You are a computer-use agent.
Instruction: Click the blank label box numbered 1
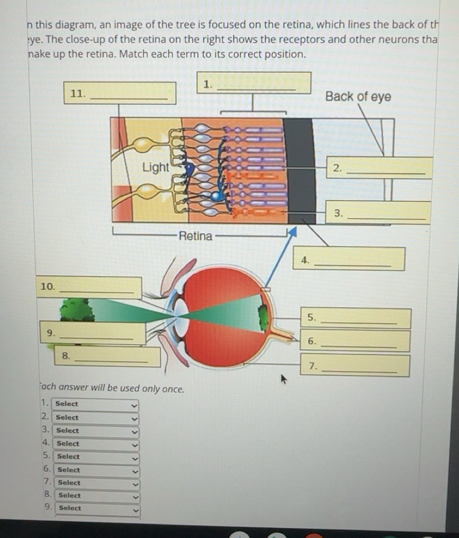(x=255, y=83)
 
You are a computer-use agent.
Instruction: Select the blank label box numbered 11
(x=120, y=93)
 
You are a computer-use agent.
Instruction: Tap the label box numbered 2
(x=379, y=168)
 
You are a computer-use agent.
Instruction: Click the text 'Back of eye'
(x=358, y=97)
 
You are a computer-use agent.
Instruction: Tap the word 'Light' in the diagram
(x=155, y=167)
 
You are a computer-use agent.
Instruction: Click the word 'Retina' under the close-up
(x=195, y=236)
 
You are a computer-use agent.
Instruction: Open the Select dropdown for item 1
(x=96, y=404)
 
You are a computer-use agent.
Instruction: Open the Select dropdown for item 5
(x=97, y=457)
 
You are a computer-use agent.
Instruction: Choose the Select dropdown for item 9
(x=98, y=508)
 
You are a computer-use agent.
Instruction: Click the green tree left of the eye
(x=77, y=309)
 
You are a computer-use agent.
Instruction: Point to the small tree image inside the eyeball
(x=263, y=313)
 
